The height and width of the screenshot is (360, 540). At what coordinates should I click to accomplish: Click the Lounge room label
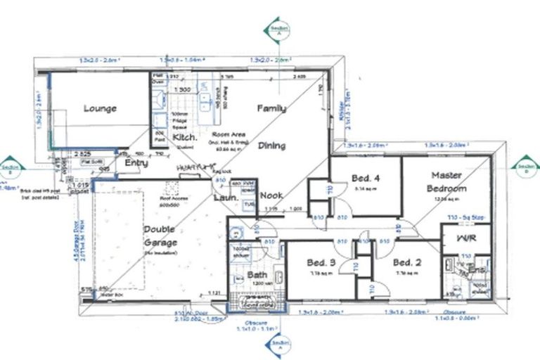(100, 109)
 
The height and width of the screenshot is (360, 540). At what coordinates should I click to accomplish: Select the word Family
(271, 109)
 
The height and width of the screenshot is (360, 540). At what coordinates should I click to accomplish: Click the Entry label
(136, 163)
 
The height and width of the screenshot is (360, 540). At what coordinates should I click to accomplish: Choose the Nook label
(271, 195)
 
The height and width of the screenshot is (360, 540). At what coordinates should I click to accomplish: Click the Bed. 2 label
(407, 263)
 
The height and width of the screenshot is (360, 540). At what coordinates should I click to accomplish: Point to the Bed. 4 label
(366, 179)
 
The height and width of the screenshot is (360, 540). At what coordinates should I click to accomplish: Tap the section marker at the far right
(525, 166)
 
